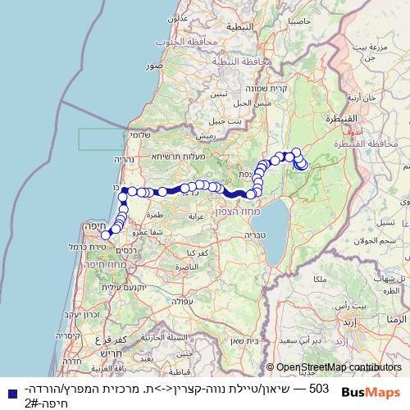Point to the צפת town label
[244, 173]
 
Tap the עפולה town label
[203, 301]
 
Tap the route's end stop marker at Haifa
[106, 235]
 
